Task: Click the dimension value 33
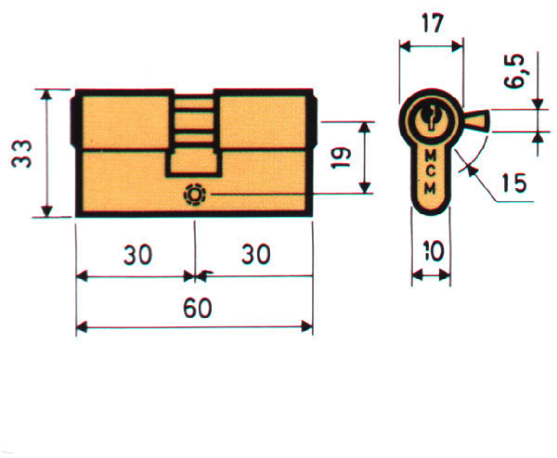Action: pyautogui.click(x=21, y=152)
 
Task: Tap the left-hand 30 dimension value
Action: pyautogui.click(x=136, y=256)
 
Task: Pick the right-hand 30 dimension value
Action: pyautogui.click(x=253, y=256)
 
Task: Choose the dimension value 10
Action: pyautogui.click(x=431, y=251)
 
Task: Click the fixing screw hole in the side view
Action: pyautogui.click(x=196, y=196)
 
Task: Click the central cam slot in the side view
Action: pyautogui.click(x=194, y=130)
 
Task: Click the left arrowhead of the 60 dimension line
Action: pyautogui.click(x=81, y=326)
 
